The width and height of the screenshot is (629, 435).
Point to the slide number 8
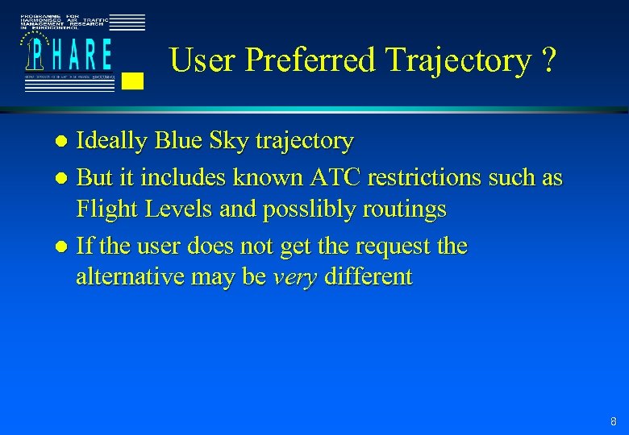(614, 421)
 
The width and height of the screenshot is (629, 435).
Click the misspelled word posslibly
(310, 211)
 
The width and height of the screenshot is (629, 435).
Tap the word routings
(406, 211)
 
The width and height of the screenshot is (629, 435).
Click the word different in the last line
(367, 278)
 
